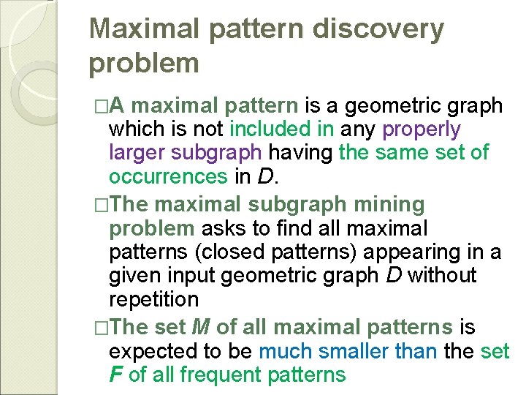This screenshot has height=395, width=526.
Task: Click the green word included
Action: [x=268, y=129]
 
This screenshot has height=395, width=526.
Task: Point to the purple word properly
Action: [x=422, y=129]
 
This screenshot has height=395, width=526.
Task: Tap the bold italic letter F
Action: [x=115, y=375]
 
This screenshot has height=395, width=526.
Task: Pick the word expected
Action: [x=155, y=350]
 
